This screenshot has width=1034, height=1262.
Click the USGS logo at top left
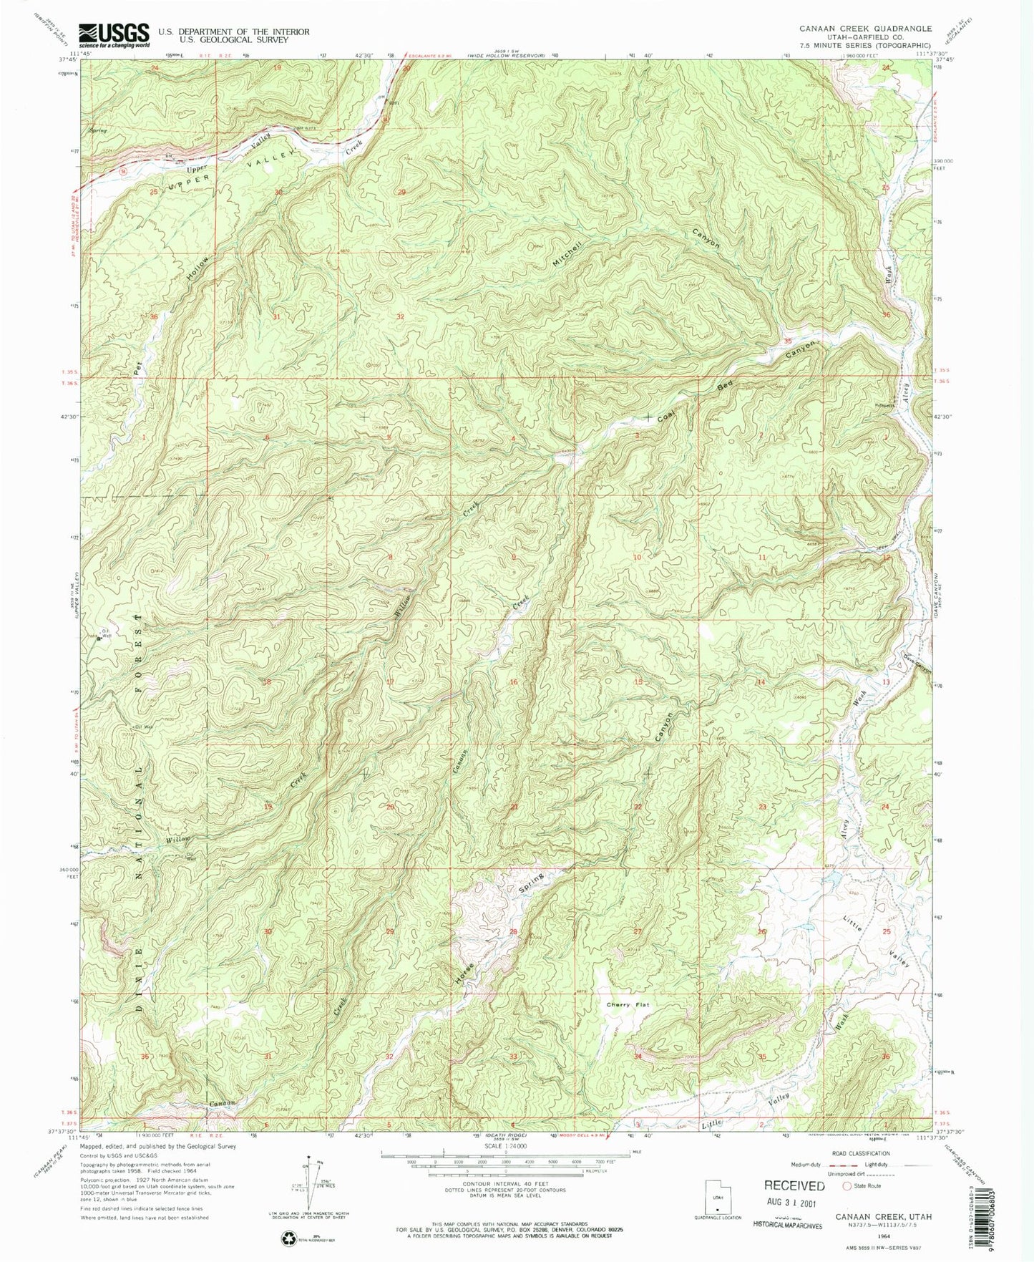click(114, 34)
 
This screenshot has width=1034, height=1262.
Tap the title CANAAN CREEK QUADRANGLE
click(855, 29)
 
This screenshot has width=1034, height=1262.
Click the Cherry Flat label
click(628, 1005)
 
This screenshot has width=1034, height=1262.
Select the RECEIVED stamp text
click(795, 1185)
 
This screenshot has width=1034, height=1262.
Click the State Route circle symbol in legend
click(848, 1186)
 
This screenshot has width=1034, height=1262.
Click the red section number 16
click(513, 682)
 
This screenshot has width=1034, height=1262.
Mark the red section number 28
click(512, 931)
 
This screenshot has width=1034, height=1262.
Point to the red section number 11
click(762, 557)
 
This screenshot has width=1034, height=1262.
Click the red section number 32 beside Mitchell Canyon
click(400, 316)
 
